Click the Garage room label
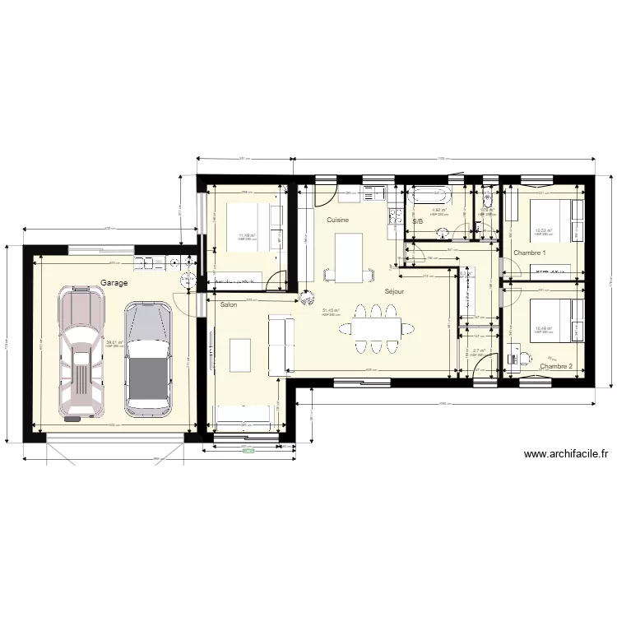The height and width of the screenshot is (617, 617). tap(114, 282)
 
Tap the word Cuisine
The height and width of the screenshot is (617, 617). tap(337, 220)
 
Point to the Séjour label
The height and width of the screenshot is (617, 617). tap(394, 292)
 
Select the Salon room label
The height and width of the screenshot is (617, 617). tap(229, 305)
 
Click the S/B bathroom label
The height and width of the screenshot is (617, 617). tap(417, 221)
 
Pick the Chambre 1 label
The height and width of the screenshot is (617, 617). tap(529, 253)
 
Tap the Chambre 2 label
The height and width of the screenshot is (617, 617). tap(555, 365)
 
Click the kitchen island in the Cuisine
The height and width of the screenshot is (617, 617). tap(348, 256)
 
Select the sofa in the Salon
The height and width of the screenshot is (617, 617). tap(281, 343)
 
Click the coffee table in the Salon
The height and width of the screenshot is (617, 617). tap(240, 354)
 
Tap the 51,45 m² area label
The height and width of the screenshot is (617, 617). tap(331, 311)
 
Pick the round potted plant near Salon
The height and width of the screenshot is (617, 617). tap(307, 294)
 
